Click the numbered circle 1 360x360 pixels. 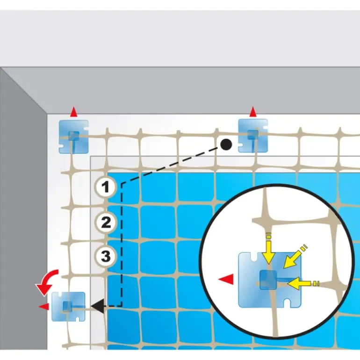tap(105, 187)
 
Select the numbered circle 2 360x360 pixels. tap(105, 222)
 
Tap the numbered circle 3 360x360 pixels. tap(105, 256)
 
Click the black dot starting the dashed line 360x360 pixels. tap(226, 144)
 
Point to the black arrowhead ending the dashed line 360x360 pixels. tap(98, 306)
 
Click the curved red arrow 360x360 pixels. tap(47, 282)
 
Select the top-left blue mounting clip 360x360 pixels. tap(74, 137)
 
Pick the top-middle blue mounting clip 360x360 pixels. tap(253, 136)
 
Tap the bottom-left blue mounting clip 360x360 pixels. tap(68, 306)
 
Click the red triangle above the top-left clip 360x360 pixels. tap(73, 112)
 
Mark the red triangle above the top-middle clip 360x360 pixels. tap(253, 112)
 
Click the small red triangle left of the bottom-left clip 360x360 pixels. tap(44, 306)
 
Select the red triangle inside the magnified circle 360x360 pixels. tap(226, 280)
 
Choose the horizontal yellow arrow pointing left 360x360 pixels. tap(303, 283)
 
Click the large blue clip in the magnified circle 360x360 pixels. tap(270, 280)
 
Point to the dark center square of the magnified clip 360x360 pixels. tap(268, 280)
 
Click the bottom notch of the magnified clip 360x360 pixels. tap(287, 303)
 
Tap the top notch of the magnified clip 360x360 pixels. tap(253, 257)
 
